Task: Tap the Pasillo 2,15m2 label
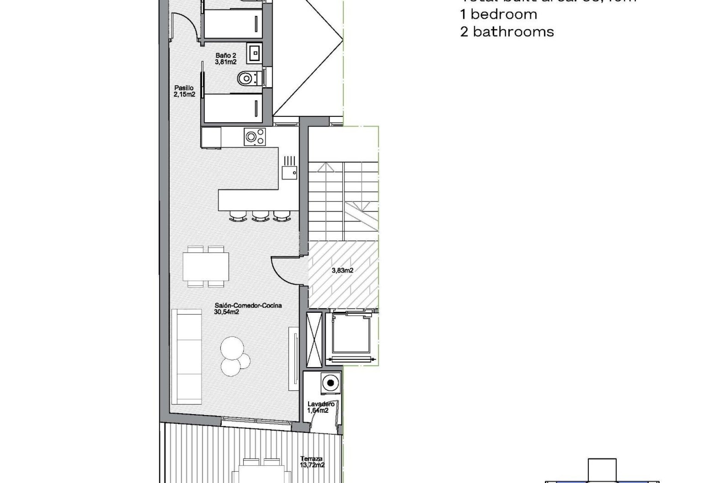184,91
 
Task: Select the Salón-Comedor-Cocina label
248,309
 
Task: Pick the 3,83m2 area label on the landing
342,270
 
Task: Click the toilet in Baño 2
247,78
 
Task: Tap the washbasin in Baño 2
255,53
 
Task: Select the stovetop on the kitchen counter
255,137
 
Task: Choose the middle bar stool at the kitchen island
259,216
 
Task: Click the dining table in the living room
206,266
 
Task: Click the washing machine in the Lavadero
330,383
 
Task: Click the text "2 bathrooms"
507,32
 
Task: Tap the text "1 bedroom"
498,14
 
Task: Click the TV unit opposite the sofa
293,358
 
